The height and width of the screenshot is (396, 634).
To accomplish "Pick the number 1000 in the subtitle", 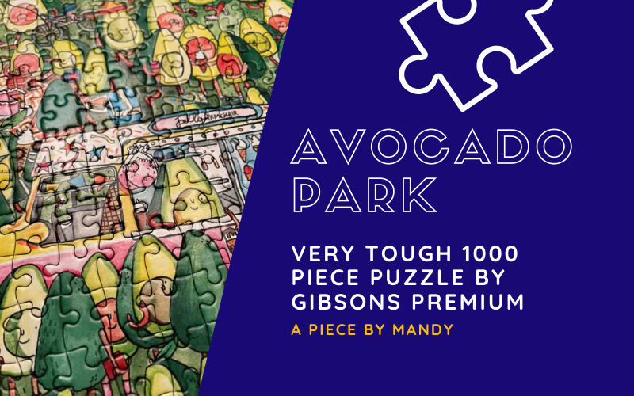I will [x=491, y=255].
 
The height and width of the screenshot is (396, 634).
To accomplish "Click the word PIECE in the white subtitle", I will [x=326, y=278].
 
